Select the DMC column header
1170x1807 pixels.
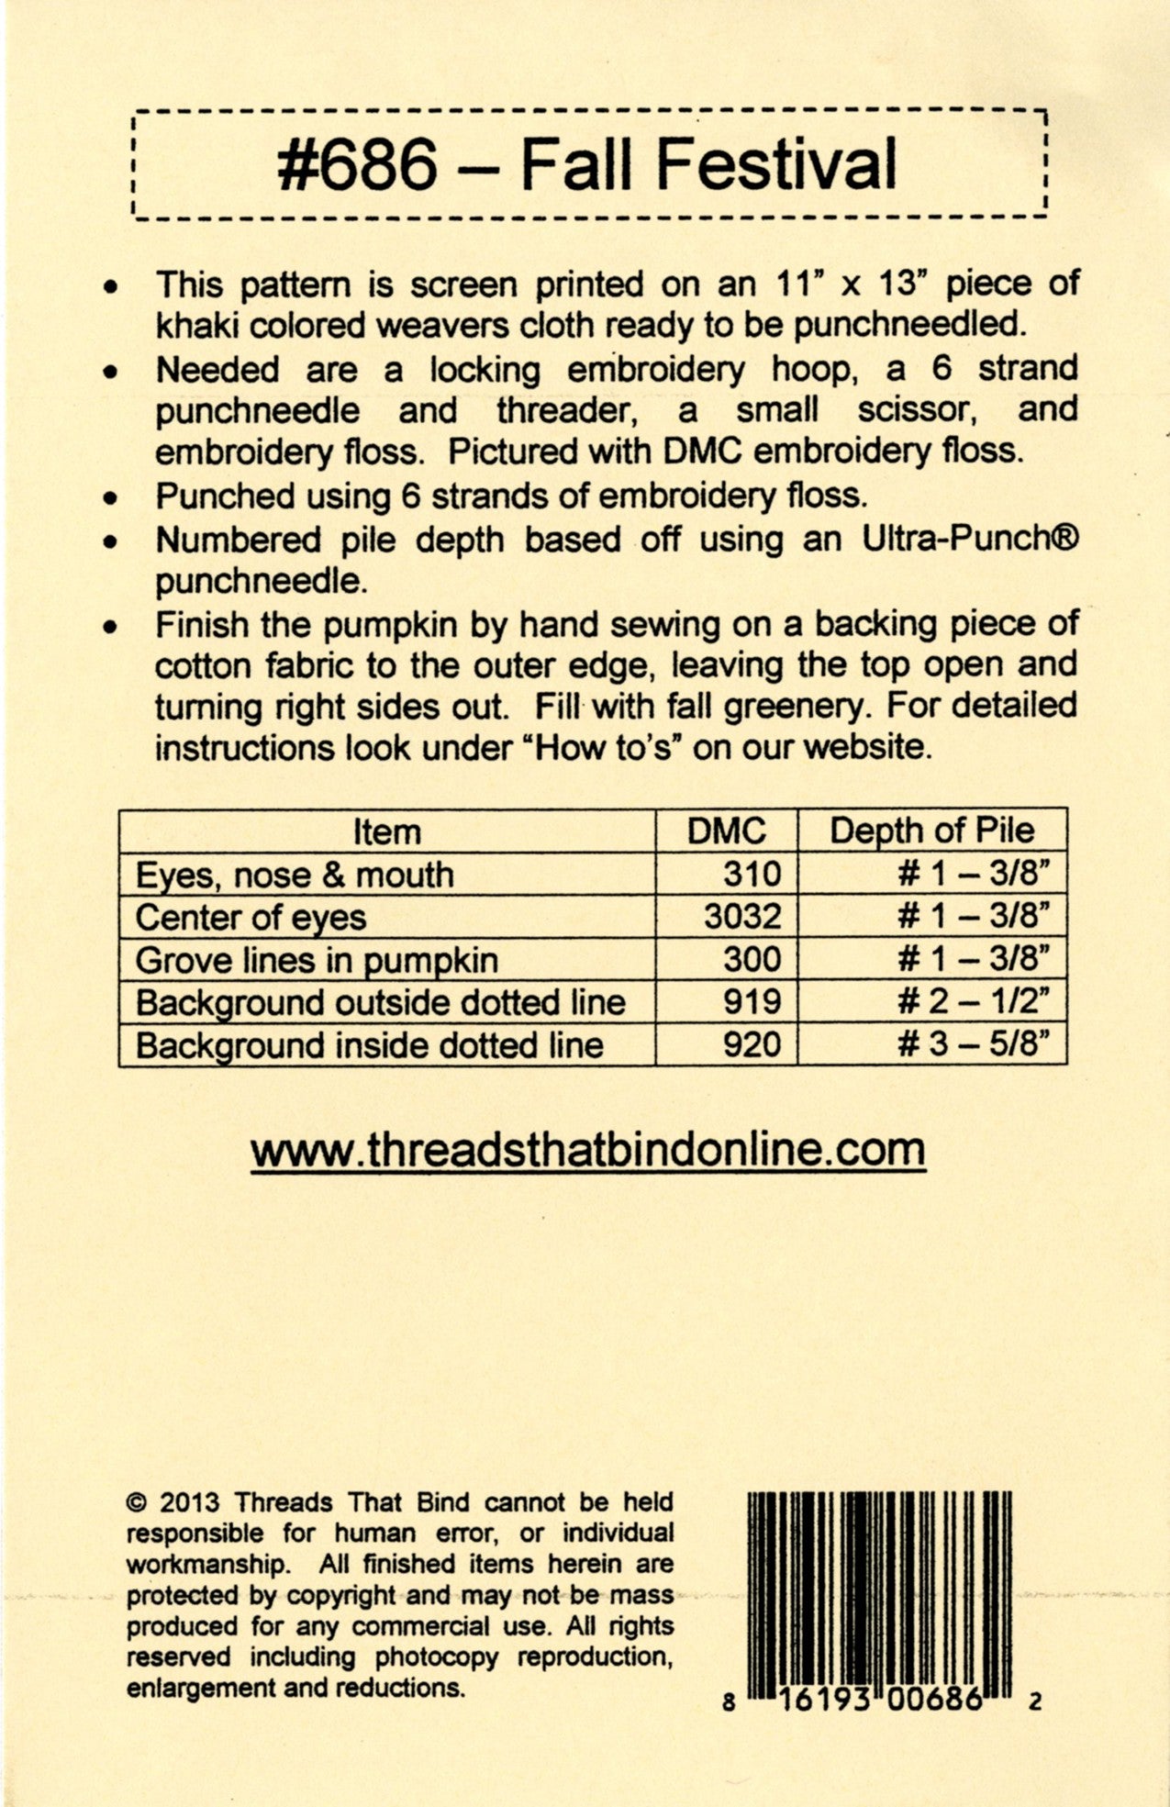[726, 831]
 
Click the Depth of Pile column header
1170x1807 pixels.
[931, 831]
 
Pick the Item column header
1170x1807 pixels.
[387, 832]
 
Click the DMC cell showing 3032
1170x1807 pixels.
[742, 917]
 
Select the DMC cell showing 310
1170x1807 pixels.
[752, 874]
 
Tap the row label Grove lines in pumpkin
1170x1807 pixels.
[317, 961]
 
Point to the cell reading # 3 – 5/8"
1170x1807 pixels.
[972, 1045]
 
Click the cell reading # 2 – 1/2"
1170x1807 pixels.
[972, 1002]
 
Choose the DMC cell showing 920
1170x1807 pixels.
[752, 1045]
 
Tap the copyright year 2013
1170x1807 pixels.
[189, 1503]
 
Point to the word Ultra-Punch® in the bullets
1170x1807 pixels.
[970, 539]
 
